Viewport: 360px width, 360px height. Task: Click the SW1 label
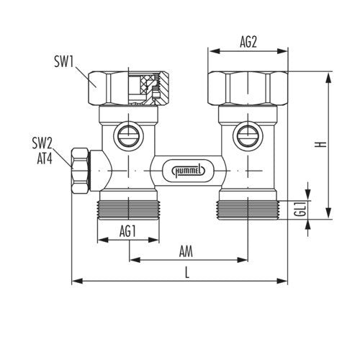63,61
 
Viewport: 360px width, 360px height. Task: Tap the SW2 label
42,143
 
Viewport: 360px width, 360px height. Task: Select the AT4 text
45,158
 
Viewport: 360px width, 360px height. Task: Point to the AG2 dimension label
248,42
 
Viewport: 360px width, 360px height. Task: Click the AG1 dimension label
128,231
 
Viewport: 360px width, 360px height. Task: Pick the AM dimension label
186,252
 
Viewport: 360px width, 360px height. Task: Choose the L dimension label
187,273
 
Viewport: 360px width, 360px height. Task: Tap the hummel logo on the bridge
189,171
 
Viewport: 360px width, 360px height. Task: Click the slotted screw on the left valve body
128,136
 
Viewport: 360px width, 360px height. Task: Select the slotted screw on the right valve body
247,136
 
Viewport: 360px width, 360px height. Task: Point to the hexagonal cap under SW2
81,171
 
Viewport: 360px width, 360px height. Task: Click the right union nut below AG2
248,89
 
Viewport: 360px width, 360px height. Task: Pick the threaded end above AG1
128,210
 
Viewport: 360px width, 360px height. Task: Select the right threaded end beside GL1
247,210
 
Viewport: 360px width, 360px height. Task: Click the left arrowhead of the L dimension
77,281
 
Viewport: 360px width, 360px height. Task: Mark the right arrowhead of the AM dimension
242,260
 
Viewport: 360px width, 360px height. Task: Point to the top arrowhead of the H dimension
329,77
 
